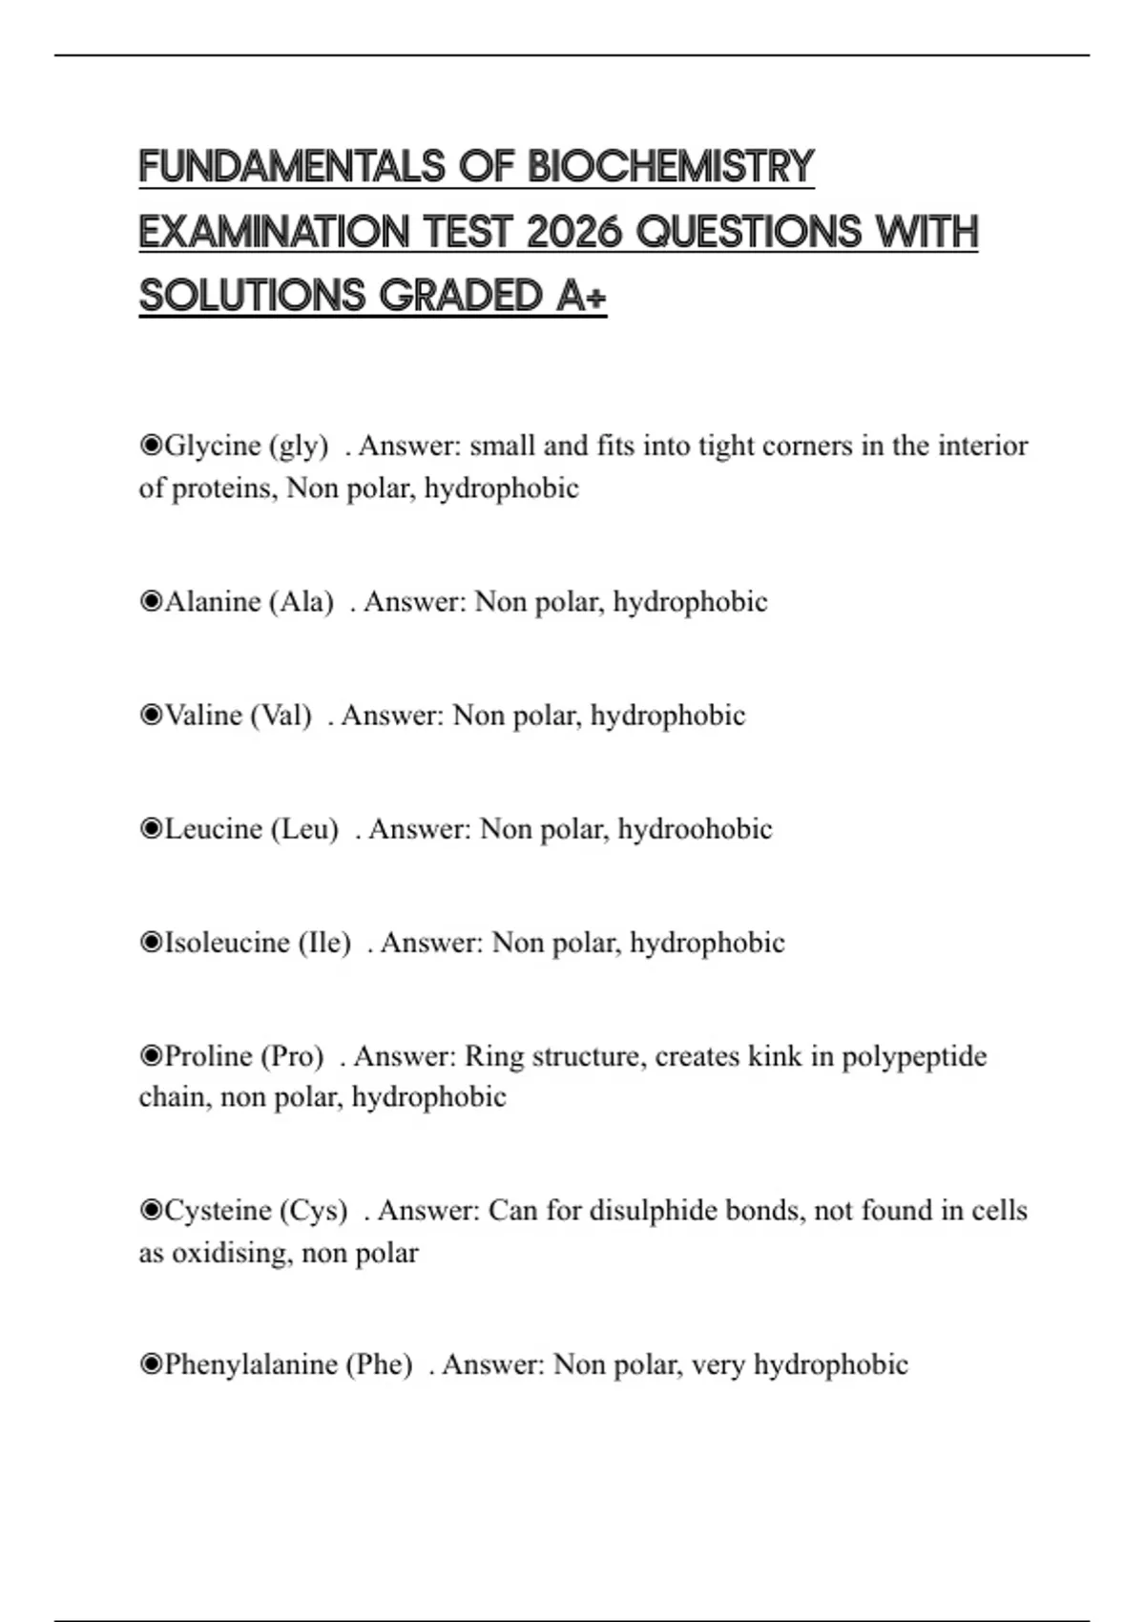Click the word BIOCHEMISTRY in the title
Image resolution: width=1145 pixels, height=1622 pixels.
click(x=671, y=167)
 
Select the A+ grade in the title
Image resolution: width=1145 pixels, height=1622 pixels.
click(x=580, y=296)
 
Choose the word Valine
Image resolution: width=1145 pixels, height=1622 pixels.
click(x=203, y=716)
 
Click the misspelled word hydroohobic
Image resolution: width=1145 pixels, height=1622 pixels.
click(x=695, y=829)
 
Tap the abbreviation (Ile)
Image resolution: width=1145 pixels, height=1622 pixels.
click(x=324, y=943)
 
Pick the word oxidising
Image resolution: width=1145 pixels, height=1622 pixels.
click(x=229, y=1253)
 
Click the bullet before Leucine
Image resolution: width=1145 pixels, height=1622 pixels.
click(x=151, y=829)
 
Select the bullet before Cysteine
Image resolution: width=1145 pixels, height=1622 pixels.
click(x=151, y=1211)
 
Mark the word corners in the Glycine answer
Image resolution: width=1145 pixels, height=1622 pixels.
click(x=808, y=446)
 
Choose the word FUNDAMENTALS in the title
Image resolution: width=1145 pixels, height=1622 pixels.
click(x=292, y=167)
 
